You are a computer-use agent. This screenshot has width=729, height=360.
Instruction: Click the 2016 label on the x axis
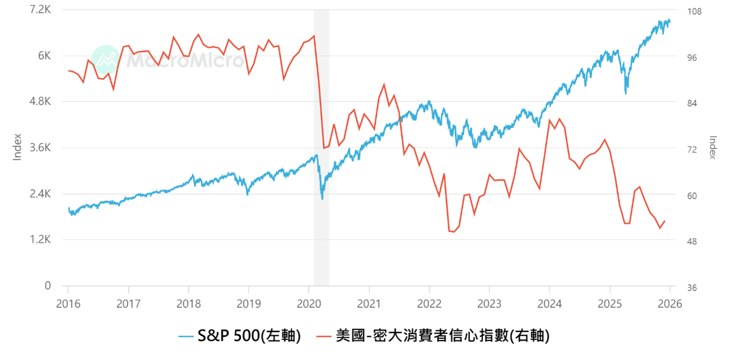point(68,303)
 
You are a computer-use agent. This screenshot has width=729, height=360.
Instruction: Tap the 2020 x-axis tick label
point(308,303)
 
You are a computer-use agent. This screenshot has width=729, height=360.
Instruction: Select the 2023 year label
point(489,303)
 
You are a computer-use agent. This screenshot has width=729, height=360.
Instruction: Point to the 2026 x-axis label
point(669,303)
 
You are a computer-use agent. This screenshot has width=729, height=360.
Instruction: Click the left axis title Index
point(17,147)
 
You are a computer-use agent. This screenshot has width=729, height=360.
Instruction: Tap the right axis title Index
point(713,148)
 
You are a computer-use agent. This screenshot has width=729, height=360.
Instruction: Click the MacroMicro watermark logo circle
point(106,59)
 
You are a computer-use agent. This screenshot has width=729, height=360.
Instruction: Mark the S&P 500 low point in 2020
point(322,199)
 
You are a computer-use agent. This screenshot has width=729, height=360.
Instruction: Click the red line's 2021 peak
point(383,84)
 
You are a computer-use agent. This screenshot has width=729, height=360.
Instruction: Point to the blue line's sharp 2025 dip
point(626,92)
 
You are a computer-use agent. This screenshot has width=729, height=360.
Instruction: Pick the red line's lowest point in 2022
point(453,232)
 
